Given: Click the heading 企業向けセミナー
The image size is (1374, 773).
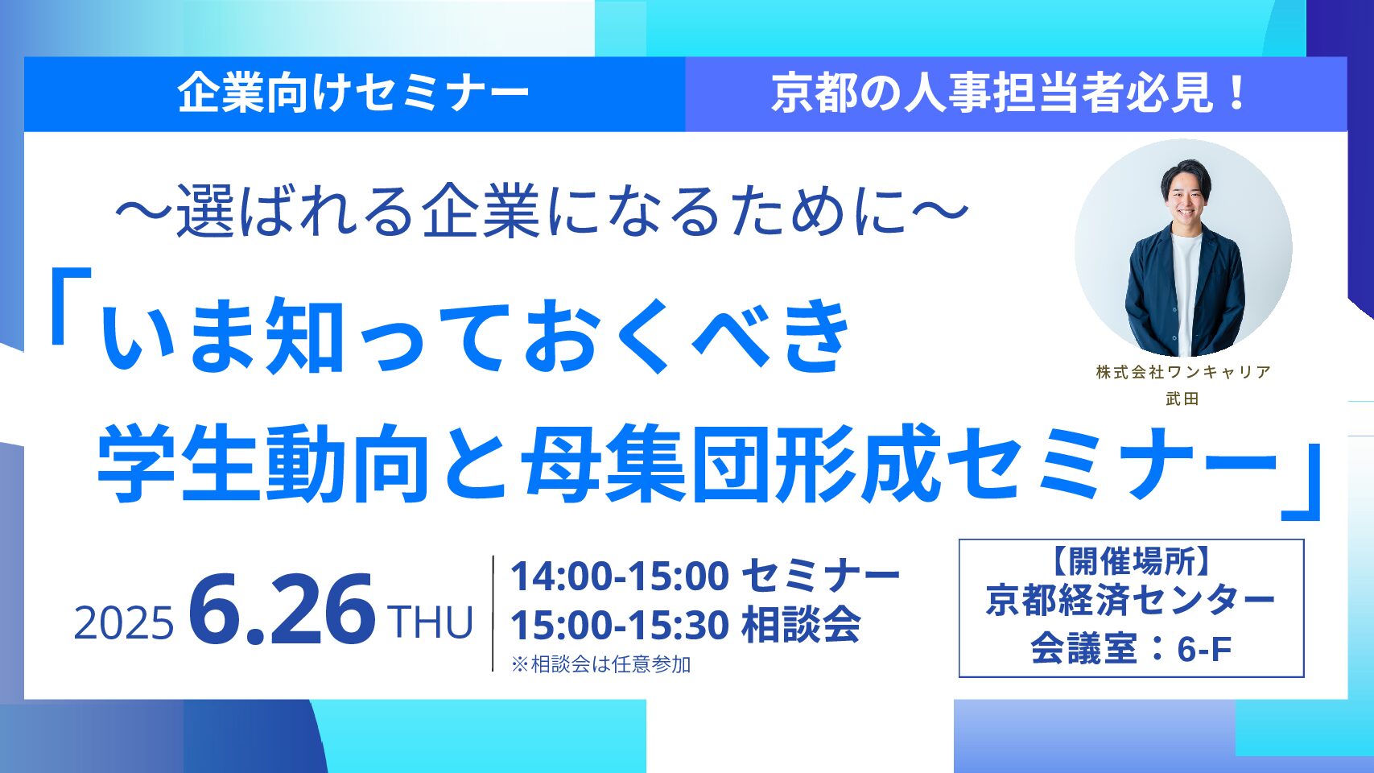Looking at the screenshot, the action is [353, 94].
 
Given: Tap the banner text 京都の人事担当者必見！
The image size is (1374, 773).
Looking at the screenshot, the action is [1009, 94].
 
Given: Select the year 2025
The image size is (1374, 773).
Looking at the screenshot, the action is [124, 622].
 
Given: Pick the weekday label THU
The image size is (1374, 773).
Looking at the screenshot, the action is [430, 622].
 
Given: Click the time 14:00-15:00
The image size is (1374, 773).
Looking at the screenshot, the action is [620, 577].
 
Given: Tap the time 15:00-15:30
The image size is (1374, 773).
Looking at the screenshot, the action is [620, 625].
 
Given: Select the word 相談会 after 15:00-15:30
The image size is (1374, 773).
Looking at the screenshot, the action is [801, 625].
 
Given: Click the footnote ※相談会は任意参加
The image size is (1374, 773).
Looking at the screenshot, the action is [601, 664].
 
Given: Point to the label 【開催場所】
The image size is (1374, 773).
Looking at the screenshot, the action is [1131, 560].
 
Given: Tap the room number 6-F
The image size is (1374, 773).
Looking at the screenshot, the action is [1204, 649].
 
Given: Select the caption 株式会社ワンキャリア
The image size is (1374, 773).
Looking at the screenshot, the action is [1183, 372].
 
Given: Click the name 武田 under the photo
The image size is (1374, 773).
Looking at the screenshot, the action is [1182, 399].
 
